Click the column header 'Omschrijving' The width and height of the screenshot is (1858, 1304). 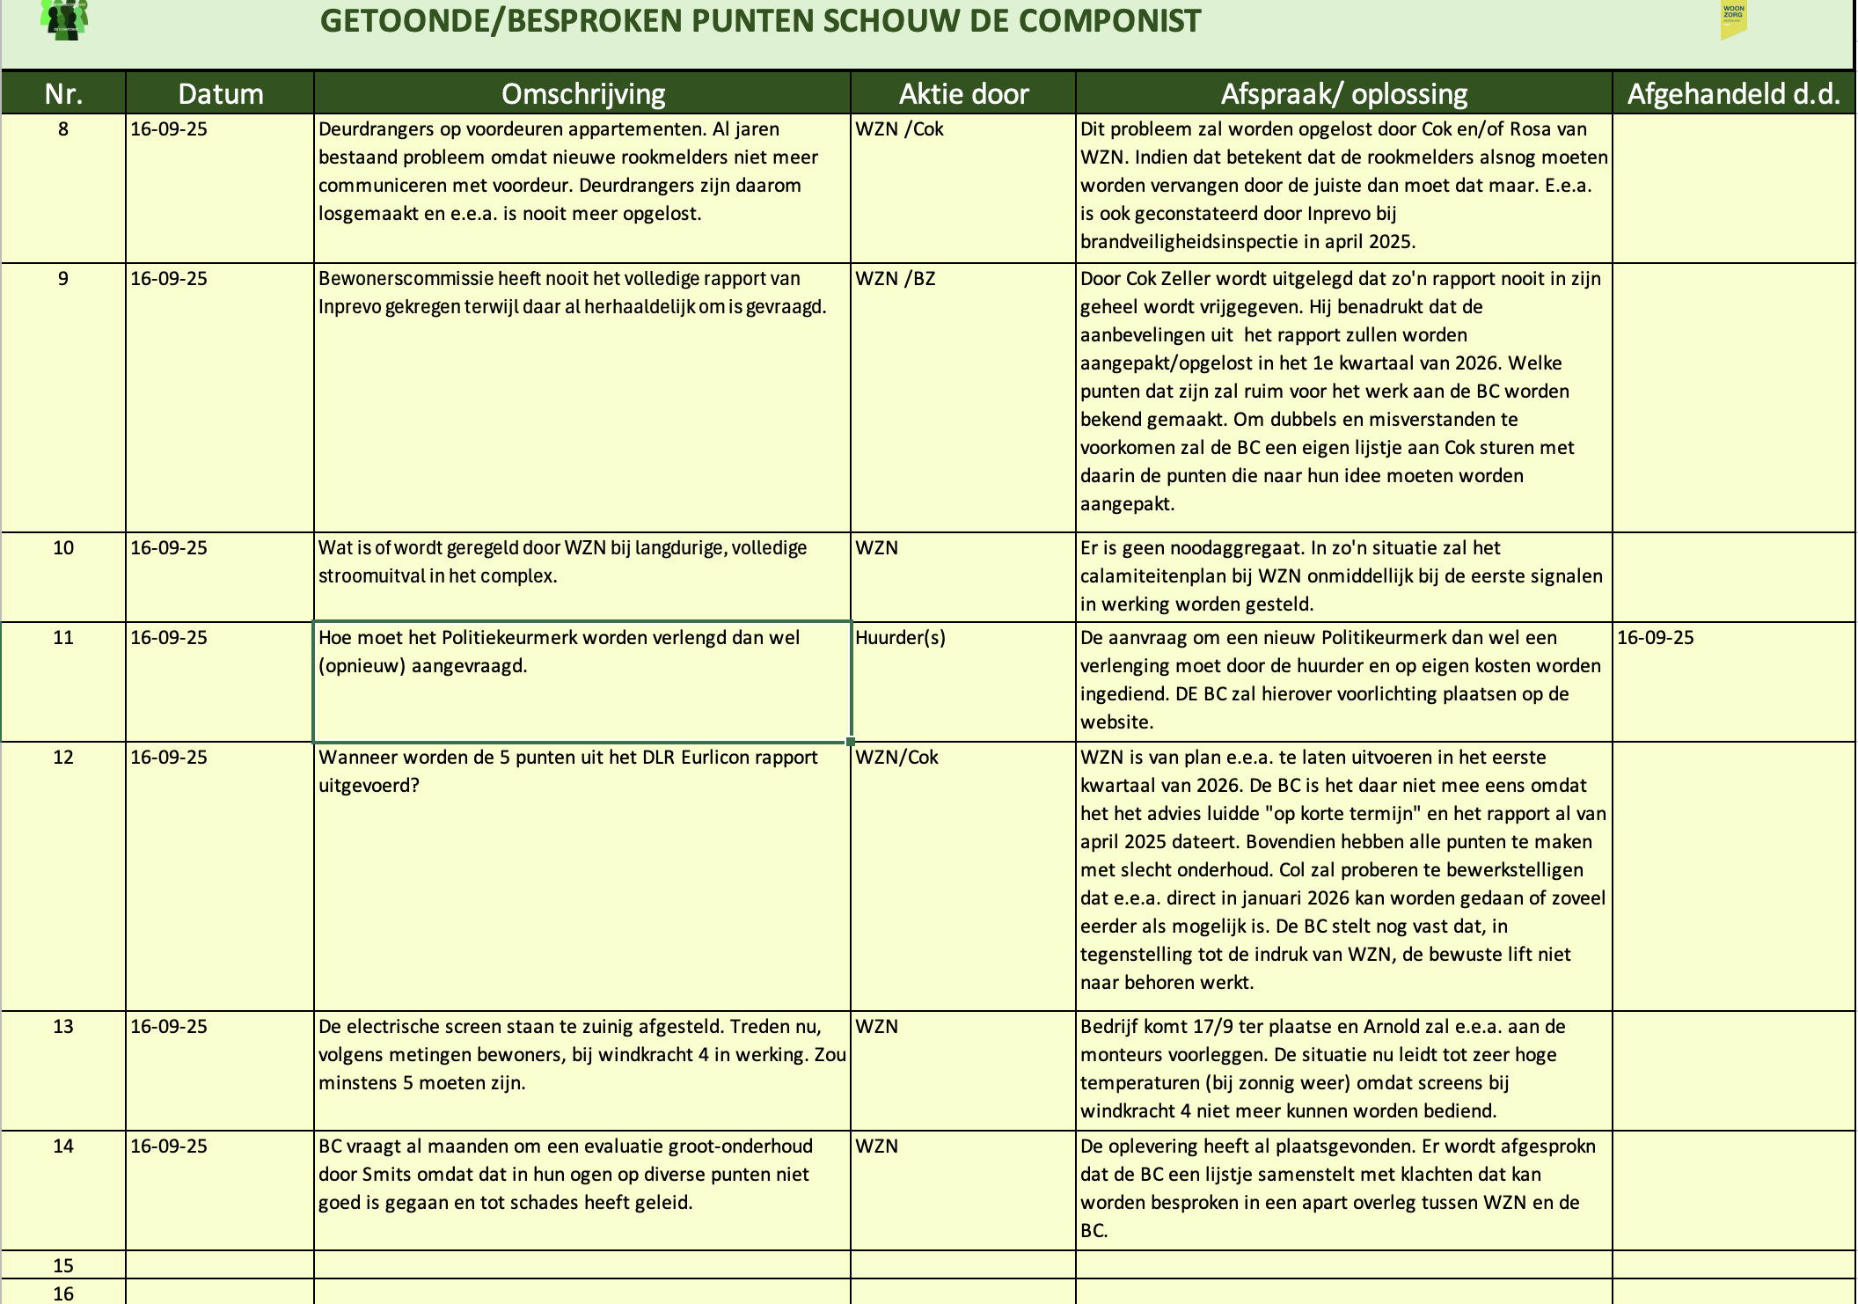coord(582,94)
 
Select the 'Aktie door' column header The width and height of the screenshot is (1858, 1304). coord(963,94)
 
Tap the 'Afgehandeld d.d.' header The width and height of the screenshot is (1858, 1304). coord(1733,94)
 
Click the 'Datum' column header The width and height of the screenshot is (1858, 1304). coord(220,94)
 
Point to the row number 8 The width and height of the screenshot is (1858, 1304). coord(63,129)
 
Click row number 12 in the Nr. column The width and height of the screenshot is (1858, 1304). coord(63,758)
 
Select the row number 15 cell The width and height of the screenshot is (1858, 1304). coord(63,1266)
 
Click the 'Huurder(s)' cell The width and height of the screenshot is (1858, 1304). coord(900,638)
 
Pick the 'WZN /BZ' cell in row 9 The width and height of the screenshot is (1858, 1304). coord(895,279)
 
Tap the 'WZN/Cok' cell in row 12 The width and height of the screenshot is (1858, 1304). coord(896,758)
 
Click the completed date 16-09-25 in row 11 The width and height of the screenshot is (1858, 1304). coord(1655,638)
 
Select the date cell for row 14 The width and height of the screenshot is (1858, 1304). coord(169,1146)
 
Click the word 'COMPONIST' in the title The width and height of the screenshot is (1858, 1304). coord(1109,21)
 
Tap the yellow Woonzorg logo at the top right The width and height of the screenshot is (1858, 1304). coord(1733,20)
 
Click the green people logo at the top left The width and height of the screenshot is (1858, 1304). coord(64,19)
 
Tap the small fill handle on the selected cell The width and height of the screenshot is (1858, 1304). coord(851,742)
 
